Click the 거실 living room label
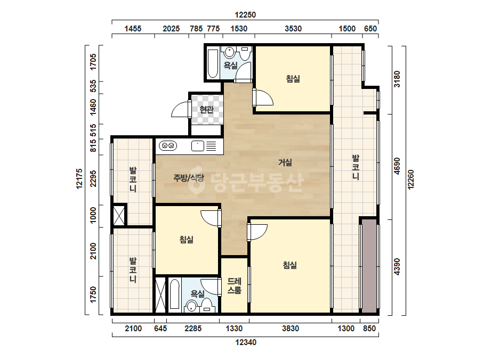(x=285, y=162)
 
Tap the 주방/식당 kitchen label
(x=189, y=178)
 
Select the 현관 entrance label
(x=206, y=110)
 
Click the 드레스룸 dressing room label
(x=235, y=285)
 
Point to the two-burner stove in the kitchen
(x=168, y=146)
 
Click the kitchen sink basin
(x=198, y=146)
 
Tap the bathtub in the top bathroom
(x=213, y=63)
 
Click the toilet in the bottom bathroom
(x=206, y=305)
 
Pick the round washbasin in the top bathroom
(x=230, y=52)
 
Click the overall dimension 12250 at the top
(x=245, y=15)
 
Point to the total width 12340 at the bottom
(x=246, y=342)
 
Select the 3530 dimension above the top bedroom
(x=293, y=29)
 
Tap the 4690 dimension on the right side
(x=397, y=166)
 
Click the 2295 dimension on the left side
(x=93, y=178)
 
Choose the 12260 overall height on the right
(x=411, y=179)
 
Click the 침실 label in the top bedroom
(x=293, y=78)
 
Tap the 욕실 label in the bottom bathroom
(x=198, y=294)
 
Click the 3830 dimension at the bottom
(x=291, y=329)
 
